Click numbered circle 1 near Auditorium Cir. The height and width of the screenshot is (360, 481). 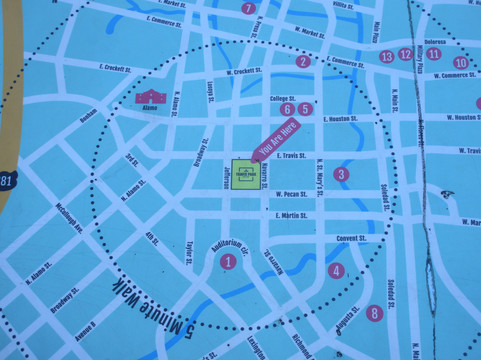(228, 262)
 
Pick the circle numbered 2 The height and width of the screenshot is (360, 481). (303, 62)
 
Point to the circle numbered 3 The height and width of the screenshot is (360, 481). (341, 174)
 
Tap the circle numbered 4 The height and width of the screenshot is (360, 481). (336, 270)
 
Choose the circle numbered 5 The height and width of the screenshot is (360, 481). (306, 108)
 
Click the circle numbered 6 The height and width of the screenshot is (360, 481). (287, 108)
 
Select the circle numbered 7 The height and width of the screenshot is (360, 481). (249, 9)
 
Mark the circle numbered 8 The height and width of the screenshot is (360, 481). (375, 313)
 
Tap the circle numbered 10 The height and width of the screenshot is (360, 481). (459, 63)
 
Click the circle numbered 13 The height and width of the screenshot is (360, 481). (387, 56)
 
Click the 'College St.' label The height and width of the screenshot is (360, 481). (285, 98)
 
